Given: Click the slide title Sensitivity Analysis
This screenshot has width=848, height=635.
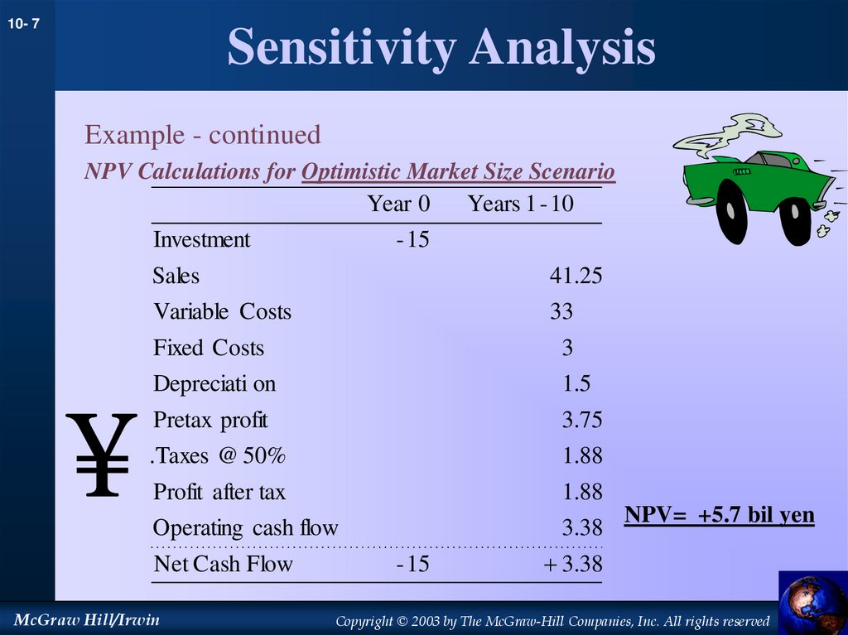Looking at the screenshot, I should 441,47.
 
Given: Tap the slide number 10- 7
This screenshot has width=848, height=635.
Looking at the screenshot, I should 24,26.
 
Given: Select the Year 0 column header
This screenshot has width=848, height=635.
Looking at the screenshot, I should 399,204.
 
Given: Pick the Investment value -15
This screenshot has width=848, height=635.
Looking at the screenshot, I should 412,240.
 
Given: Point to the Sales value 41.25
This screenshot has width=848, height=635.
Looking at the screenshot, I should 576,276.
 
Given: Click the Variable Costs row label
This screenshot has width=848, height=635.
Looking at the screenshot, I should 222,312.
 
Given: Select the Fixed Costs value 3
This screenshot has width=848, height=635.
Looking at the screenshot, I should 567,348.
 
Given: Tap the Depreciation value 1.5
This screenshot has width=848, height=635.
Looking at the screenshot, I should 576,384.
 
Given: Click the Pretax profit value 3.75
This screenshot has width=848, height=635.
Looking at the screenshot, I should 581,420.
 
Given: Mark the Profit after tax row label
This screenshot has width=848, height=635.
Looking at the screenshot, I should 219,493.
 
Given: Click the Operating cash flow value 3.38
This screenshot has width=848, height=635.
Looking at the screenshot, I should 581,528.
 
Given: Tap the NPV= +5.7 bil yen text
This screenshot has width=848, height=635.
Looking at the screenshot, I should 719,516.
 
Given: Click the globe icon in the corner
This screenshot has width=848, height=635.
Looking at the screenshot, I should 812,604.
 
